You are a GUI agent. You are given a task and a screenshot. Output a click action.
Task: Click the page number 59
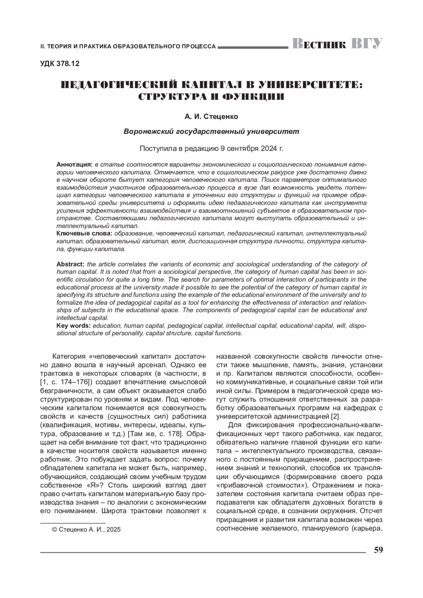click(x=378, y=550)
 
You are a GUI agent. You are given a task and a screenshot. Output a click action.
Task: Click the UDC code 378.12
click(x=60, y=64)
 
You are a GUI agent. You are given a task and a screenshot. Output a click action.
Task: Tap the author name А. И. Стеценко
click(x=211, y=116)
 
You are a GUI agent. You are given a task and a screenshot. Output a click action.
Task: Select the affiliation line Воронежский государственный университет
click(x=211, y=131)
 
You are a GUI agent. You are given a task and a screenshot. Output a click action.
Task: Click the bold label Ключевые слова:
click(x=85, y=234)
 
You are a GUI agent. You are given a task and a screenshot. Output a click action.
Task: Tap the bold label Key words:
click(x=74, y=326)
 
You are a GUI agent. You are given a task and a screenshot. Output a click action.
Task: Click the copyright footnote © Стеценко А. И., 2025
click(x=86, y=529)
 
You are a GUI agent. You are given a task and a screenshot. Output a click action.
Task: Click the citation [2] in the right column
click(x=335, y=416)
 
